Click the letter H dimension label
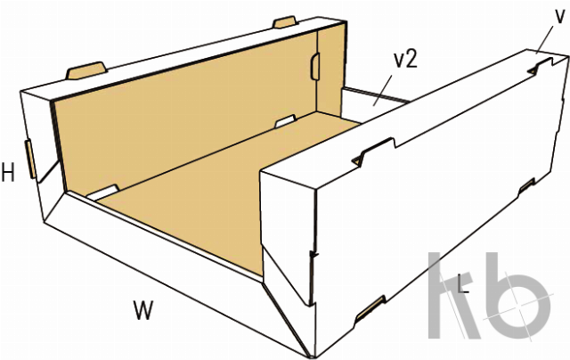[x=8, y=173]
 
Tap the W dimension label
[x=143, y=310]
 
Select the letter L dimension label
[x=463, y=284]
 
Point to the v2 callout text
[x=405, y=59]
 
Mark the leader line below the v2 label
[x=383, y=90]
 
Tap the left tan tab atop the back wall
[x=86, y=70]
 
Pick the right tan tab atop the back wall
[x=286, y=21]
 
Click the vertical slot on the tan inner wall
[x=314, y=66]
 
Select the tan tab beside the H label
[x=30, y=160]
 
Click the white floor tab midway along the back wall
[x=285, y=121]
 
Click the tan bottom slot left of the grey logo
[x=370, y=308]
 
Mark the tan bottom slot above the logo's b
[x=526, y=185]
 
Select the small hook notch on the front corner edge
[x=313, y=255]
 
